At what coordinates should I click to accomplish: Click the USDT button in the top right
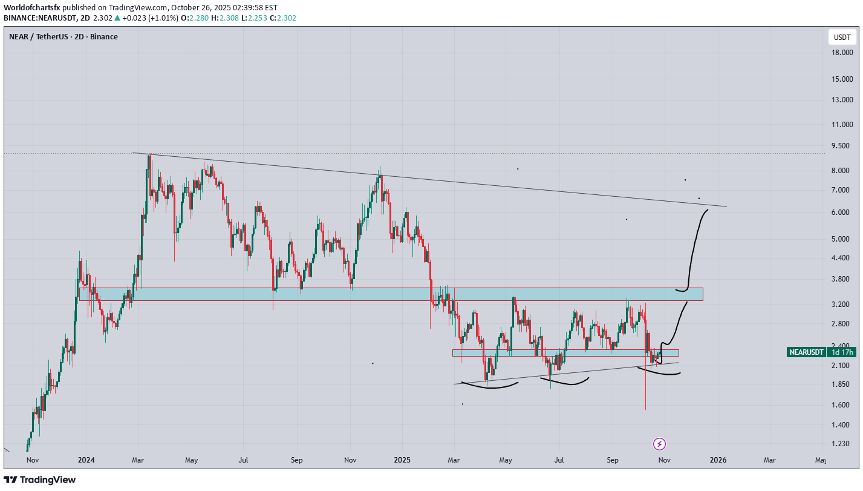(842, 38)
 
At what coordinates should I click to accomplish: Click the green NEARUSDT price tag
(807, 352)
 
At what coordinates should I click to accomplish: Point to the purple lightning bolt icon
(660, 444)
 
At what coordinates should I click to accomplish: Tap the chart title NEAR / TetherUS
(64, 37)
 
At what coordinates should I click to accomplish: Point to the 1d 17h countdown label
(842, 352)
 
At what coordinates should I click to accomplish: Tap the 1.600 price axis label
(841, 405)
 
